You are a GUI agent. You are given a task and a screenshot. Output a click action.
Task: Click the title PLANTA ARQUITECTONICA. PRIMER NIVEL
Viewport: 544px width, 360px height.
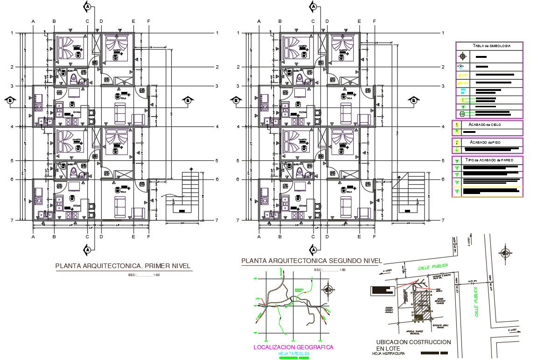pos(123,266)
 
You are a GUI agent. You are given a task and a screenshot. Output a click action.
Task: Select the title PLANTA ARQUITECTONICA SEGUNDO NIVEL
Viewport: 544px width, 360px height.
pos(311,261)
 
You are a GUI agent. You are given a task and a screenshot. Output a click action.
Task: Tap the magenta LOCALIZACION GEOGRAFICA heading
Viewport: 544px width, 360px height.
pos(293,347)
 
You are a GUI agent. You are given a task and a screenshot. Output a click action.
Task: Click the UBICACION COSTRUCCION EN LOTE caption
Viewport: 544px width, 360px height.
pos(413,345)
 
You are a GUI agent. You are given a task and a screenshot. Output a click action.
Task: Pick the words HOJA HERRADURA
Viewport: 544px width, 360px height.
pos(388,353)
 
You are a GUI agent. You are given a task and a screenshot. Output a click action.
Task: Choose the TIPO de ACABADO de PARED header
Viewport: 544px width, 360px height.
pos(489,160)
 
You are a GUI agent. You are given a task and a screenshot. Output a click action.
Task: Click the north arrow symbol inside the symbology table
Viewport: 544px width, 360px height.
pos(462,57)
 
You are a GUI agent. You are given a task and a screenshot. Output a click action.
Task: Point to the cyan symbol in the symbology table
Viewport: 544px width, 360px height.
pos(462,91)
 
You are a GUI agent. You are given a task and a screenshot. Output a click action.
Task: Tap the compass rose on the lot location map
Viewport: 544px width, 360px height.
pos(505,253)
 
